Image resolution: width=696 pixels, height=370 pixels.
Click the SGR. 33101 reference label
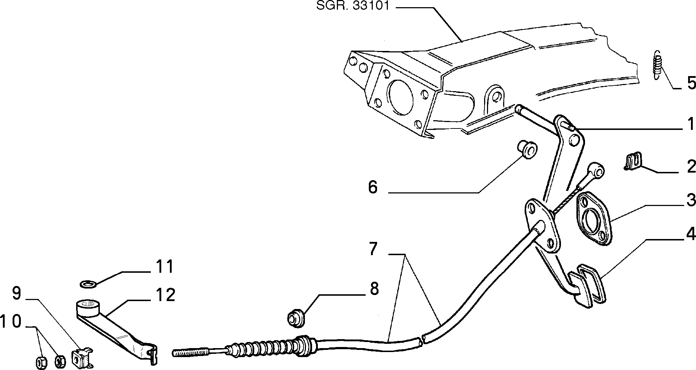tap(353, 6)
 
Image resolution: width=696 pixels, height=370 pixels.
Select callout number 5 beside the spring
tap(691, 83)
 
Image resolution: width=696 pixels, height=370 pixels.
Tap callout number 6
tap(373, 187)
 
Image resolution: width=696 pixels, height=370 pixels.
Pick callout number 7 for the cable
tap(373, 249)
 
